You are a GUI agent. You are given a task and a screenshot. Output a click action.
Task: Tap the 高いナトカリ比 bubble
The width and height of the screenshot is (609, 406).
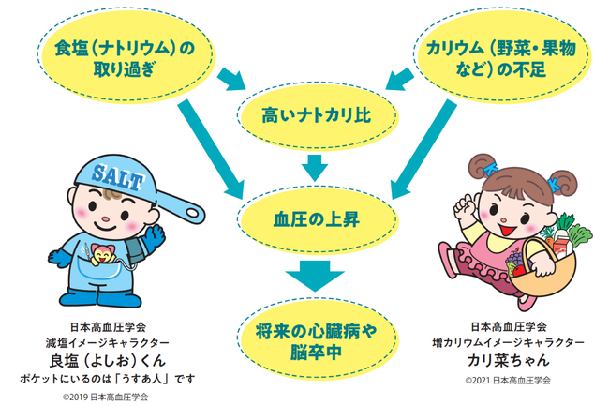click(316, 118)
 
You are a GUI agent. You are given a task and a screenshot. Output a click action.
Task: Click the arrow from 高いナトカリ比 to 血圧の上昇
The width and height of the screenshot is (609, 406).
click(316, 168)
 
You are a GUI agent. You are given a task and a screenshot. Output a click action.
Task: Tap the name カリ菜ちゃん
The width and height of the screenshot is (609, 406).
click(506, 362)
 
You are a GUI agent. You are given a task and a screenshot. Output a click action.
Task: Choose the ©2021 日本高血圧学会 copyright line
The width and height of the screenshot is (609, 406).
click(507, 381)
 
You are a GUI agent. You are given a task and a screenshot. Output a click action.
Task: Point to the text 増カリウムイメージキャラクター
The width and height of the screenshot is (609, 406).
click(506, 344)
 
